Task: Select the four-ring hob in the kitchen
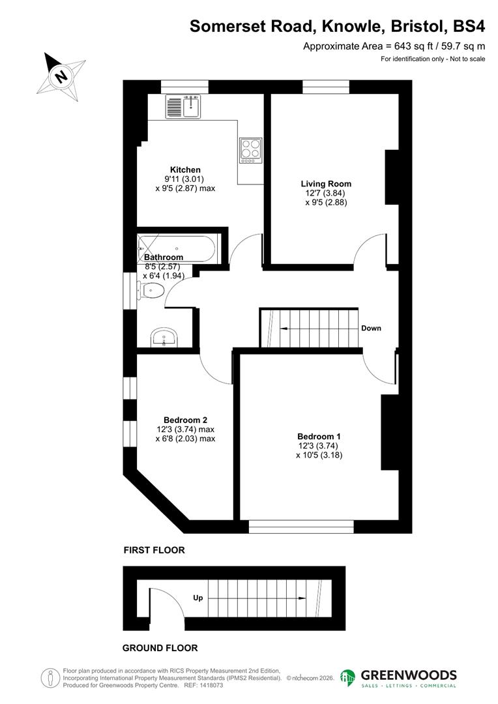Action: (x=250, y=150)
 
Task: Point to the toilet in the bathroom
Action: (x=150, y=291)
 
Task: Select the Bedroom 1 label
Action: (x=319, y=436)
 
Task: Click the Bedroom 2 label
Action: (x=185, y=420)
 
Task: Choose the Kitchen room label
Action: (x=185, y=169)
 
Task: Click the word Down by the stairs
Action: (x=371, y=328)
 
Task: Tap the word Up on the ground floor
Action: (x=198, y=598)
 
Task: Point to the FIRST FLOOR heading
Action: (x=154, y=550)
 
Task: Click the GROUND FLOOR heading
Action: (x=160, y=648)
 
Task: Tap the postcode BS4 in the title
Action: (x=468, y=26)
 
